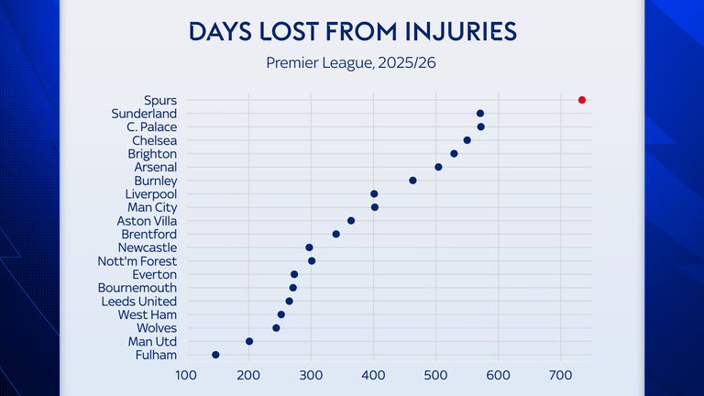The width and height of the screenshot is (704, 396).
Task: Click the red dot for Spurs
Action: pyautogui.click(x=581, y=100)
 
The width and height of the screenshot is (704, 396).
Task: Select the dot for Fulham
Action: pyautogui.click(x=215, y=355)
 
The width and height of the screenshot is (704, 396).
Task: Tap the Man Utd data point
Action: pyautogui.click(x=249, y=341)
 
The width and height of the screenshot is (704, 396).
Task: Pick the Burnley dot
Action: pyautogui.click(x=412, y=181)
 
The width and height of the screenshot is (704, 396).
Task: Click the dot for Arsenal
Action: pyautogui.click(x=438, y=167)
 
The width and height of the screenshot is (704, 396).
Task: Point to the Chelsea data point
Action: pyautogui.click(x=467, y=140)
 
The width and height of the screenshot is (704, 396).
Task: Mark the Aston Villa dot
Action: pyautogui.click(x=350, y=221)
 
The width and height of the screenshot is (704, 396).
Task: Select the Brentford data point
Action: pyautogui.click(x=335, y=234)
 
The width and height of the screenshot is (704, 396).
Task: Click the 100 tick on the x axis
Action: pyautogui.click(x=186, y=374)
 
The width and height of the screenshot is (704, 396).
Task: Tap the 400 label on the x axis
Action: pyautogui.click(x=373, y=374)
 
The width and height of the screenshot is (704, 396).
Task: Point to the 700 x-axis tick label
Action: pyautogui.click(x=560, y=374)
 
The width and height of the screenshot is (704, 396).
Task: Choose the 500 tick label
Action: pyautogui.click(x=435, y=374)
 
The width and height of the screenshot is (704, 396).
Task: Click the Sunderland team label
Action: pyautogui.click(x=144, y=114)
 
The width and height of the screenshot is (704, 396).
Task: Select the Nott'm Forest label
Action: pyautogui.click(x=137, y=261)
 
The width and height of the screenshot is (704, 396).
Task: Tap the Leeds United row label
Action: pyautogui.click(x=138, y=301)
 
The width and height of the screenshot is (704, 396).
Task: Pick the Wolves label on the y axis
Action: pyautogui.click(x=157, y=327)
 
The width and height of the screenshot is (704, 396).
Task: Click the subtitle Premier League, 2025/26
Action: pyautogui.click(x=352, y=63)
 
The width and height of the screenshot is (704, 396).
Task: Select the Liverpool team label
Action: pyautogui.click(x=151, y=194)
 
